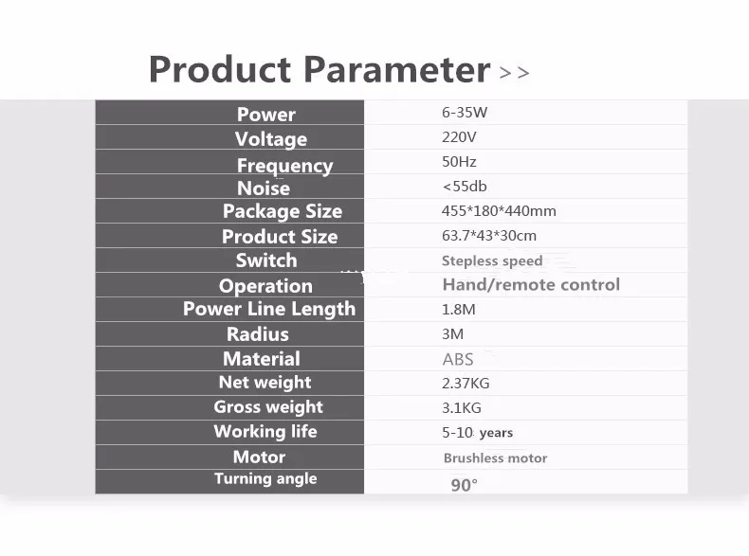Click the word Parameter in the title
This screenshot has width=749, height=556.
pos(397,70)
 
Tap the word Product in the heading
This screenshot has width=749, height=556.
pos(220,70)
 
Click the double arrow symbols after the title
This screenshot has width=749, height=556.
pos(515,73)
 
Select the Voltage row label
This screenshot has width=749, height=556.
pos(271,139)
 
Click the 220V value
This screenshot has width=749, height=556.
pos(459,137)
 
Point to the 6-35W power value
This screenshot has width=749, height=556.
pos(465,113)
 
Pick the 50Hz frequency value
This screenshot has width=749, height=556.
pos(459,162)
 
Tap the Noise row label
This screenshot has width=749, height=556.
pos(264,188)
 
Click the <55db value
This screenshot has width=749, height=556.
pos(465,187)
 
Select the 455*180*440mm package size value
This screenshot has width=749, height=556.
pos(499,211)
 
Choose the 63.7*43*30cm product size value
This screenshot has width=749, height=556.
pos(489,236)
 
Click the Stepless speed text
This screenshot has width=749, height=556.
pos(492,261)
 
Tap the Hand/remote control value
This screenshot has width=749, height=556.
pos(531,284)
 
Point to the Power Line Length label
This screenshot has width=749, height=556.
pos(269,309)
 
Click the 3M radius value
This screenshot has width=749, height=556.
pos(453,334)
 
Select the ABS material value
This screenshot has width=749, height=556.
pos(458,359)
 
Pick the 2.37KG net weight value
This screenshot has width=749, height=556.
pos(466,384)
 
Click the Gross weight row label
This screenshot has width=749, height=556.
pos(268,407)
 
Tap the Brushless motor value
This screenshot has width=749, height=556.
pos(495,458)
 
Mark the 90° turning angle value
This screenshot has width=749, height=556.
pos(464,485)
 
